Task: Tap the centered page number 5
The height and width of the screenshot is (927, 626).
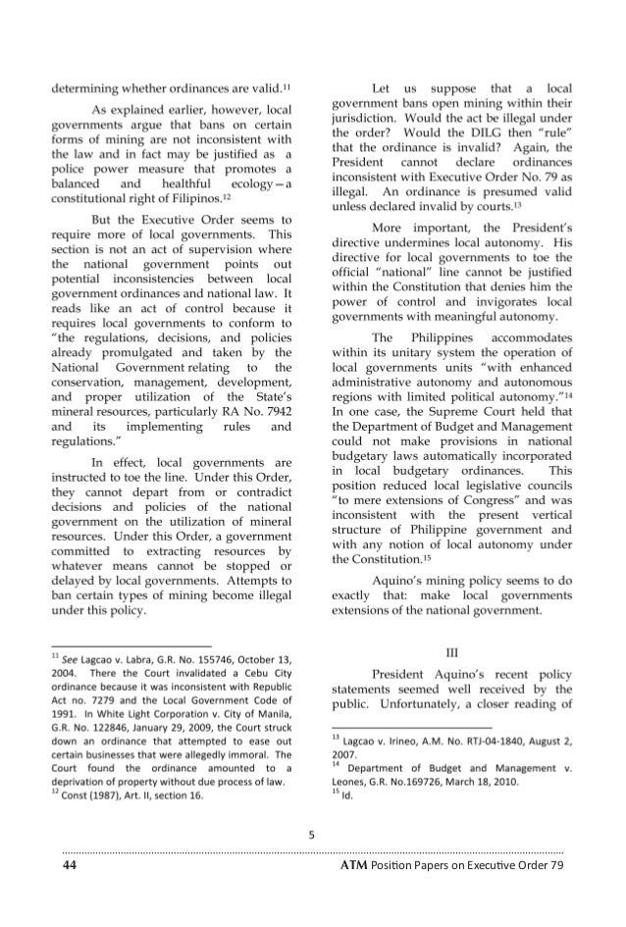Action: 311,836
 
